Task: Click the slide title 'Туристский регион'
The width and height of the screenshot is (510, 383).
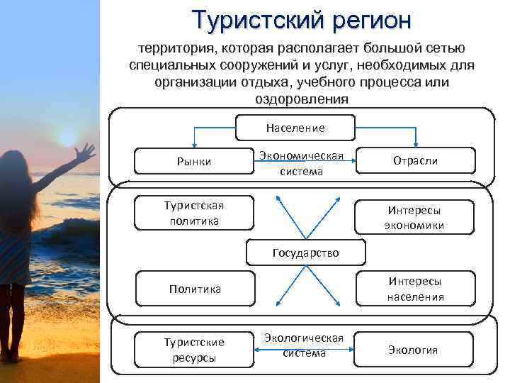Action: pyautogui.click(x=301, y=20)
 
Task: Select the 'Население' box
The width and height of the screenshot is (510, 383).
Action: pyautogui.click(x=295, y=128)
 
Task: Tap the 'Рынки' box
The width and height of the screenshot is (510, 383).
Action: pyautogui.click(x=194, y=162)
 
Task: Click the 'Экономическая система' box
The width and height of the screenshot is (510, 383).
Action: pyautogui.click(x=301, y=163)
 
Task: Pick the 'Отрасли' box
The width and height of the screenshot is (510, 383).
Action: pyautogui.click(x=415, y=161)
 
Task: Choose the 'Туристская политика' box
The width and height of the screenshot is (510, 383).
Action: pyautogui.click(x=194, y=213)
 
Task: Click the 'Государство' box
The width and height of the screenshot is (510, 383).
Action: pyautogui.click(x=305, y=252)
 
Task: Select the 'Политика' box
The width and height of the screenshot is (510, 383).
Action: pyautogui.click(x=194, y=289)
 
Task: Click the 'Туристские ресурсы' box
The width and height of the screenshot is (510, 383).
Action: pyautogui.click(x=194, y=349)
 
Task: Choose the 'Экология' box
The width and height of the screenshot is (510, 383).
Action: pyautogui.click(x=413, y=350)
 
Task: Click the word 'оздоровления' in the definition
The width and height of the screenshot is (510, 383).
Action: pyautogui.click(x=301, y=99)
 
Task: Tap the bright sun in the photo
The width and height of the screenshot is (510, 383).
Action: pyautogui.click(x=65, y=135)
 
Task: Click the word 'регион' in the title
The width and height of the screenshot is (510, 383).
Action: pyautogui.click(x=370, y=20)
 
